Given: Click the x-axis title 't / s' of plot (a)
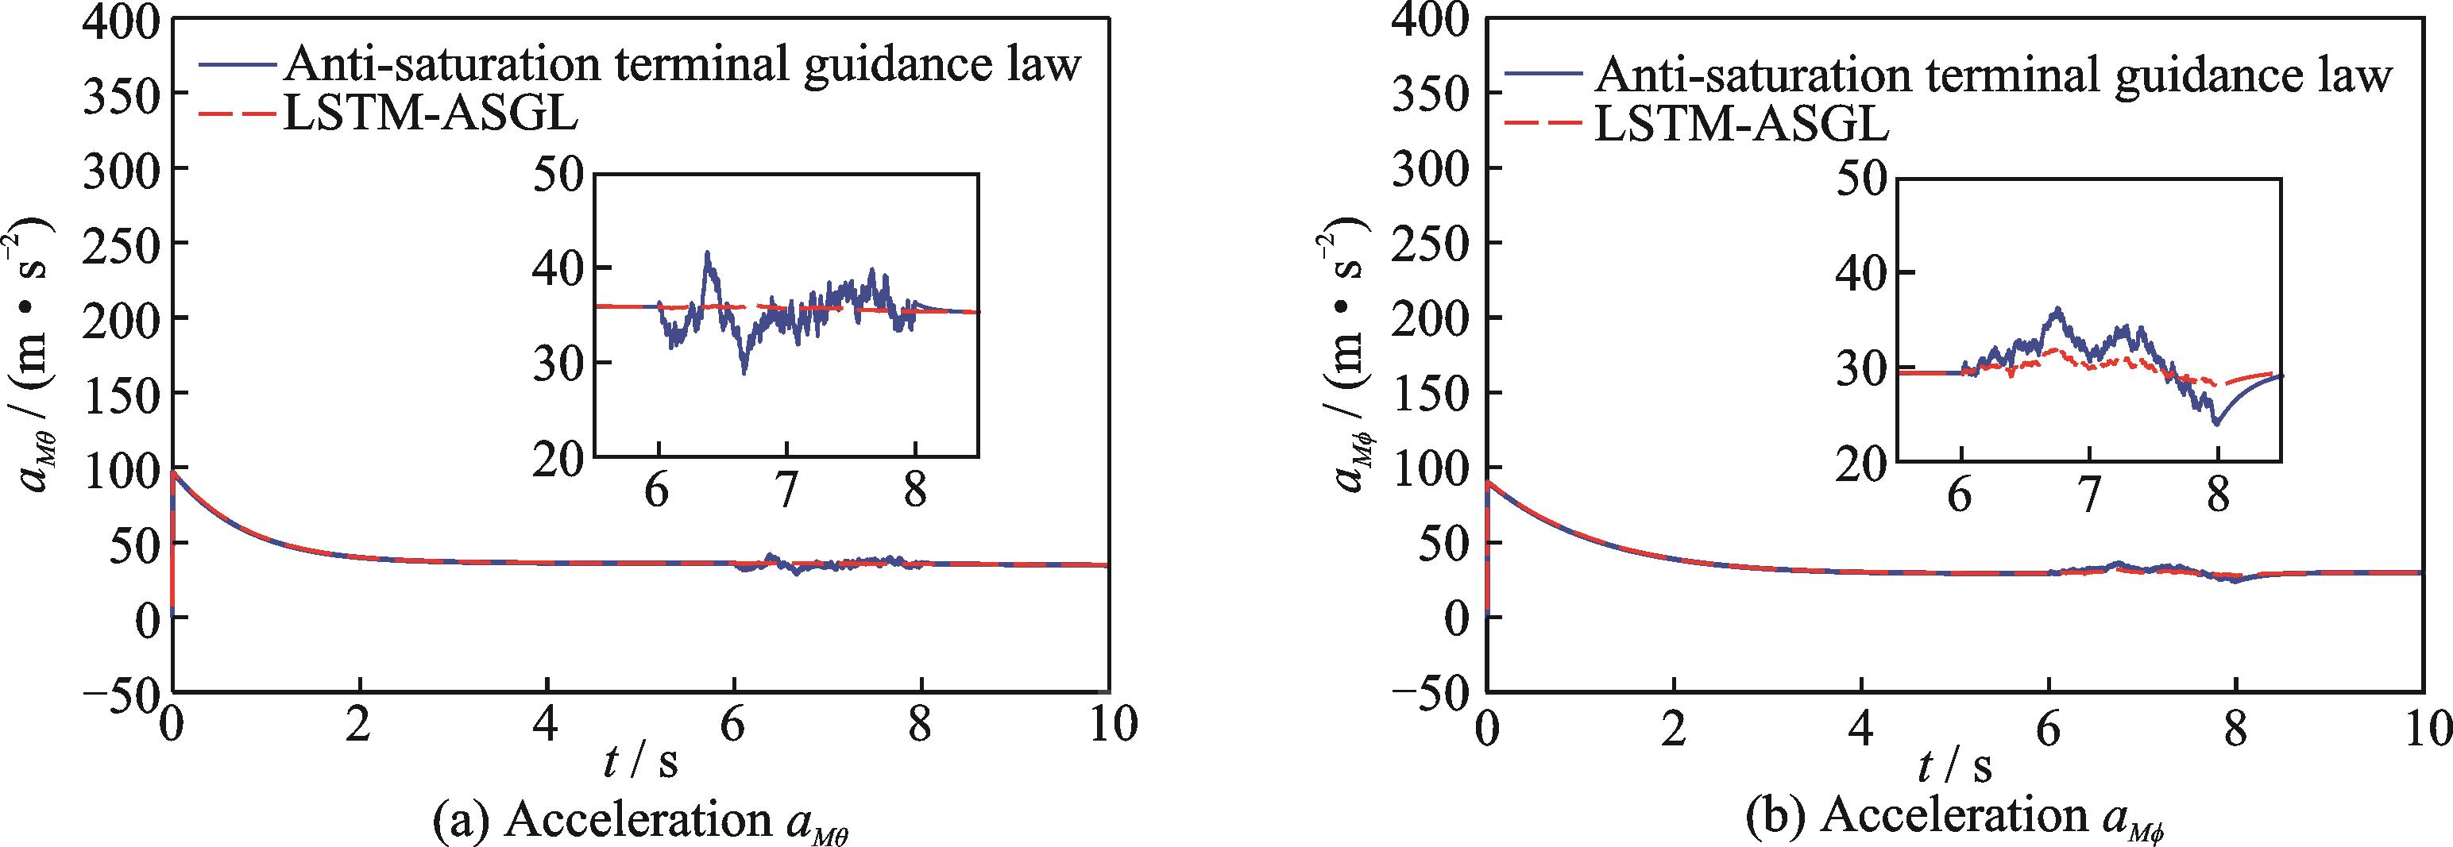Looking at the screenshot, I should tap(641, 761).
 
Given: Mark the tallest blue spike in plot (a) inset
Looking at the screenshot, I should tap(706, 253).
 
